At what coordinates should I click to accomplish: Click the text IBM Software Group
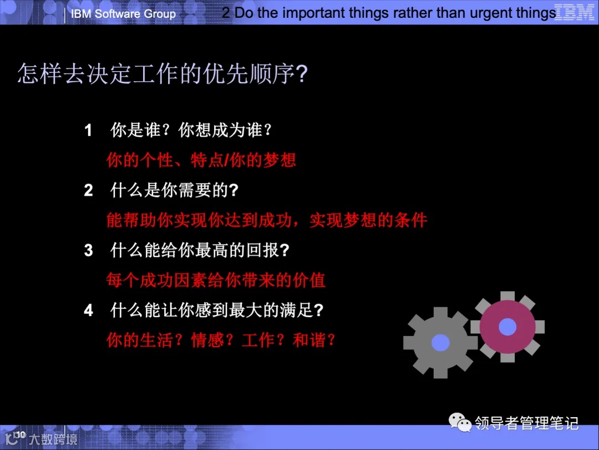pos(123,14)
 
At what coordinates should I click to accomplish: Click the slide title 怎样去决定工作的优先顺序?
pos(162,74)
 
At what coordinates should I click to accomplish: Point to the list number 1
pos(88,131)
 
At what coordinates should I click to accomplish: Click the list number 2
pos(88,191)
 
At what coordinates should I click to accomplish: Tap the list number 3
pos(88,251)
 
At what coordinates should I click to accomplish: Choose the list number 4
pos(88,311)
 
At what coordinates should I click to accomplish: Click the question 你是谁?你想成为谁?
pos(191,131)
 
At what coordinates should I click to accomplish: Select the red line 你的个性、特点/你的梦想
pos(201,161)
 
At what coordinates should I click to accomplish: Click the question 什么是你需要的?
pos(174,191)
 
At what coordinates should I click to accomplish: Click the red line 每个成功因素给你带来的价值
pos(216,280)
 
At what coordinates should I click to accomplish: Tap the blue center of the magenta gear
pos(507,327)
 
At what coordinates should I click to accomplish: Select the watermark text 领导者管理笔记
pos(527,423)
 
